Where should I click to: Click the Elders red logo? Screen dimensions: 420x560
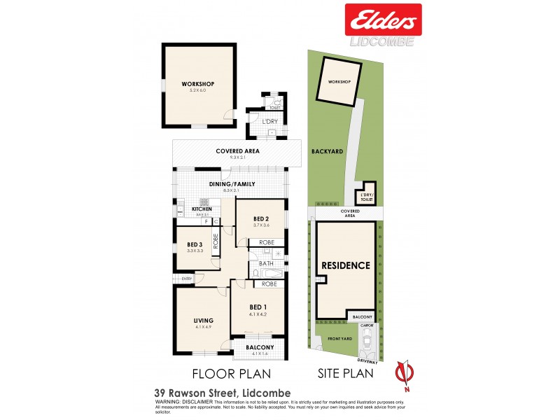pyautogui.click(x=383, y=19)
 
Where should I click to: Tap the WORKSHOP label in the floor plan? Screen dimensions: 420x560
pyautogui.click(x=197, y=84)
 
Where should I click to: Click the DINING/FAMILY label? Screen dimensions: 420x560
pyautogui.click(x=231, y=184)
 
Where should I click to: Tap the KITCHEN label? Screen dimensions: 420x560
pyautogui.click(x=202, y=209)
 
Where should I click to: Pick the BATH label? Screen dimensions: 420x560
pyautogui.click(x=266, y=264)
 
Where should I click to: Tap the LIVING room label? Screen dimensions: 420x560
pyautogui.click(x=203, y=321)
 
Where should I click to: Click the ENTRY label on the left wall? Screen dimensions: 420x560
pyautogui.click(x=186, y=279)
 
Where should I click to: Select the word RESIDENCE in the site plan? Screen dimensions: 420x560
pyautogui.click(x=345, y=265)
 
